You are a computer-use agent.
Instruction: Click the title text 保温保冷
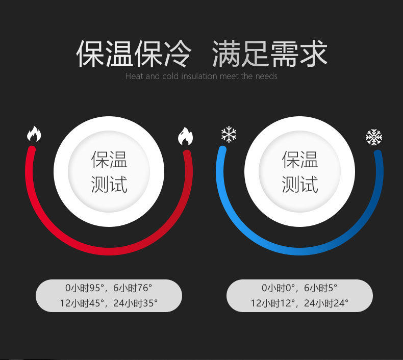134,53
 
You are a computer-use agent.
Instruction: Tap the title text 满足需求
269,53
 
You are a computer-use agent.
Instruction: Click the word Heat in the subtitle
134,76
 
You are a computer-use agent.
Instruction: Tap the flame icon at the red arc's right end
185,136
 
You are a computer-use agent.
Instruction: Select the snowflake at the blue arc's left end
229,135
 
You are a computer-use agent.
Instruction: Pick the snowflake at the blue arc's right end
374,137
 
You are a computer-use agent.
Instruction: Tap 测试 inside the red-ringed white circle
109,184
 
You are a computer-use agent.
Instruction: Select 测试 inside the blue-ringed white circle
300,184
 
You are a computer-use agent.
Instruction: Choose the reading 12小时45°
82,303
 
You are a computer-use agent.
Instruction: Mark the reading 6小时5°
320,289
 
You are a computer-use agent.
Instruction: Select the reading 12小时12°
273,303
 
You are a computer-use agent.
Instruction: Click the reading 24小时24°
326,303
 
